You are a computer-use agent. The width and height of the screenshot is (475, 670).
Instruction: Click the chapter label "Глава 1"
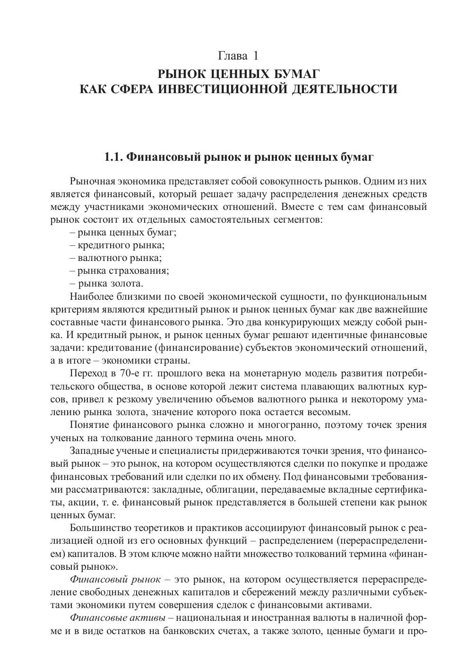click(238, 56)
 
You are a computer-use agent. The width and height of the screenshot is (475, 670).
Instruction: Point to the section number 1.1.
click(113, 157)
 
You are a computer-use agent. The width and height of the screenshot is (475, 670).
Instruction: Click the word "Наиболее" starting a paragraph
click(91, 297)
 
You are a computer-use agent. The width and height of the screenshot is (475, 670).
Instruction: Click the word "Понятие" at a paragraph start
click(88, 425)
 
